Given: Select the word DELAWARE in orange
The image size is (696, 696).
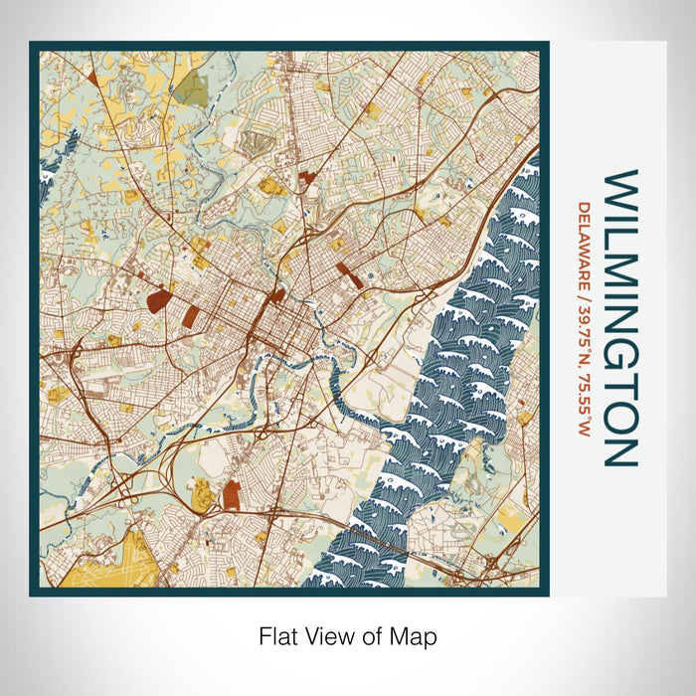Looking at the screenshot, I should pos(585,240).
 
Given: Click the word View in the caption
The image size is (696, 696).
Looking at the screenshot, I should pos(331,634).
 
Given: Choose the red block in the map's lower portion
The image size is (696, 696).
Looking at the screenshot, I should pos(232,493).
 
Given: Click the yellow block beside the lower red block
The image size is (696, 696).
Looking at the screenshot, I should pos(204,491).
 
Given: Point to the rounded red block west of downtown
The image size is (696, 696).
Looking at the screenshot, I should pos(157,298).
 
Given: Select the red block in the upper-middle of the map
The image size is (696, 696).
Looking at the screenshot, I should pos(304,179).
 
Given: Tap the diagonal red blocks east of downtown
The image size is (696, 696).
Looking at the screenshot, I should pos(348,273).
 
